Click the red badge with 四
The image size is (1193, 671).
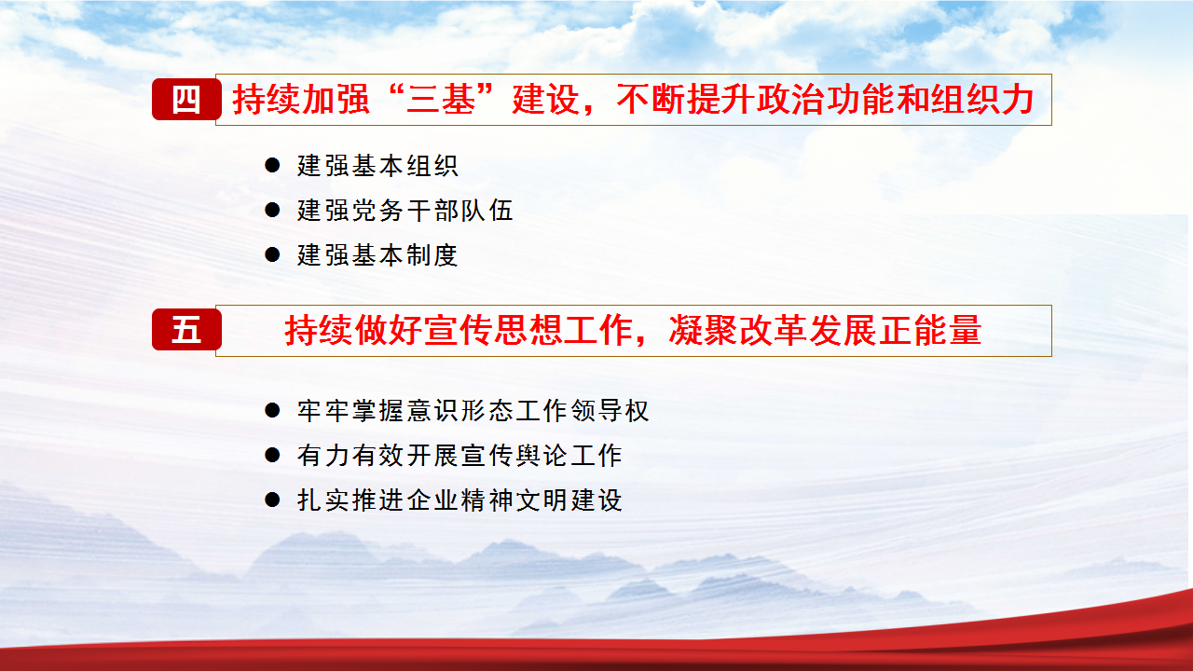[186, 99]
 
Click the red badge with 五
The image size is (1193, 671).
[186, 329]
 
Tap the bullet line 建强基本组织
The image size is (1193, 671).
[377, 166]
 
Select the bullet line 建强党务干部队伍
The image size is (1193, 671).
[405, 211]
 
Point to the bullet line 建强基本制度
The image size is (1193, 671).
[377, 255]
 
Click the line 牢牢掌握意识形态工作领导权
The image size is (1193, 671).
[473, 411]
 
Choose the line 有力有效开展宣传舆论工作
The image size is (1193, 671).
[459, 456]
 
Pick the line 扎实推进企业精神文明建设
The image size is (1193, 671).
[459, 500]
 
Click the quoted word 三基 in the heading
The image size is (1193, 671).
[441, 100]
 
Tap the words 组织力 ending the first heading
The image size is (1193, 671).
[982, 100]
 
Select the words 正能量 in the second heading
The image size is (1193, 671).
[930, 330]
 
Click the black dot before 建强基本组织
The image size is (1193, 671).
[272, 165]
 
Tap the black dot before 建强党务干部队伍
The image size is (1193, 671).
[272, 210]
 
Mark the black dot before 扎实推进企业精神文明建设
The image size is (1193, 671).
[272, 500]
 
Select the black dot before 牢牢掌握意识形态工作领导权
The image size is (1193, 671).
[272, 410]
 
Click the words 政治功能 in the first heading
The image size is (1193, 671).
[826, 100]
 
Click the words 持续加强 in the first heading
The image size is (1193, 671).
[301, 100]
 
